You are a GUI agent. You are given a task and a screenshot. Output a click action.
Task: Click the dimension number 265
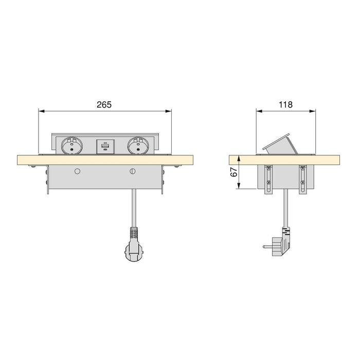point(104,104)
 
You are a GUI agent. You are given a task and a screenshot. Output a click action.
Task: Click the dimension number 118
point(285,104)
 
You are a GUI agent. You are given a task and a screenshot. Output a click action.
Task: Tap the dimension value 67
point(233,172)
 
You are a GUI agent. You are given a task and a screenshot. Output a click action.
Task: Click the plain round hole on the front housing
point(77,171)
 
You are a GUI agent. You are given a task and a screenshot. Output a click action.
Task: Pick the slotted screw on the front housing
point(133,171)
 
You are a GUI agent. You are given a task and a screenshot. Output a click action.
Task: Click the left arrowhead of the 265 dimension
point(42,110)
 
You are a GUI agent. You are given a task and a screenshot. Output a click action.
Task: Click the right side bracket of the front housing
point(163,180)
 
